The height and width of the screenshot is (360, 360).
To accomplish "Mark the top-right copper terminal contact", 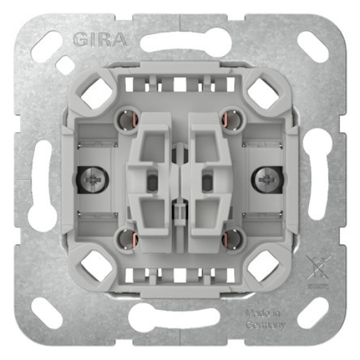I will [x=230, y=119].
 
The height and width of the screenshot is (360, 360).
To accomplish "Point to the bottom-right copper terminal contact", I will [x=230, y=240].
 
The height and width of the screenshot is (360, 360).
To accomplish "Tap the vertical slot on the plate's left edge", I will [x=43, y=180].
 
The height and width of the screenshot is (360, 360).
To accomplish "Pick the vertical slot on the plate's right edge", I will [x=316, y=180].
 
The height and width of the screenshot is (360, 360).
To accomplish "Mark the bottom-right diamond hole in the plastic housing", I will [x=263, y=266].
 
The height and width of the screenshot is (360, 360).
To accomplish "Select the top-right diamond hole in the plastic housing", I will [x=263, y=92].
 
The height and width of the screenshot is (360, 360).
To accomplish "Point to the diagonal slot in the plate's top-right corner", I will [x=311, y=48].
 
